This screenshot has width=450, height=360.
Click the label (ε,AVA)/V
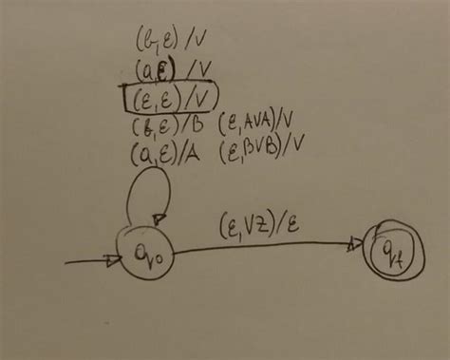click(x=260, y=124)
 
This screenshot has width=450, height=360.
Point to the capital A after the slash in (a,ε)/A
click(x=193, y=154)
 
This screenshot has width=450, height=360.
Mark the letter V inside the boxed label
click(x=205, y=98)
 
